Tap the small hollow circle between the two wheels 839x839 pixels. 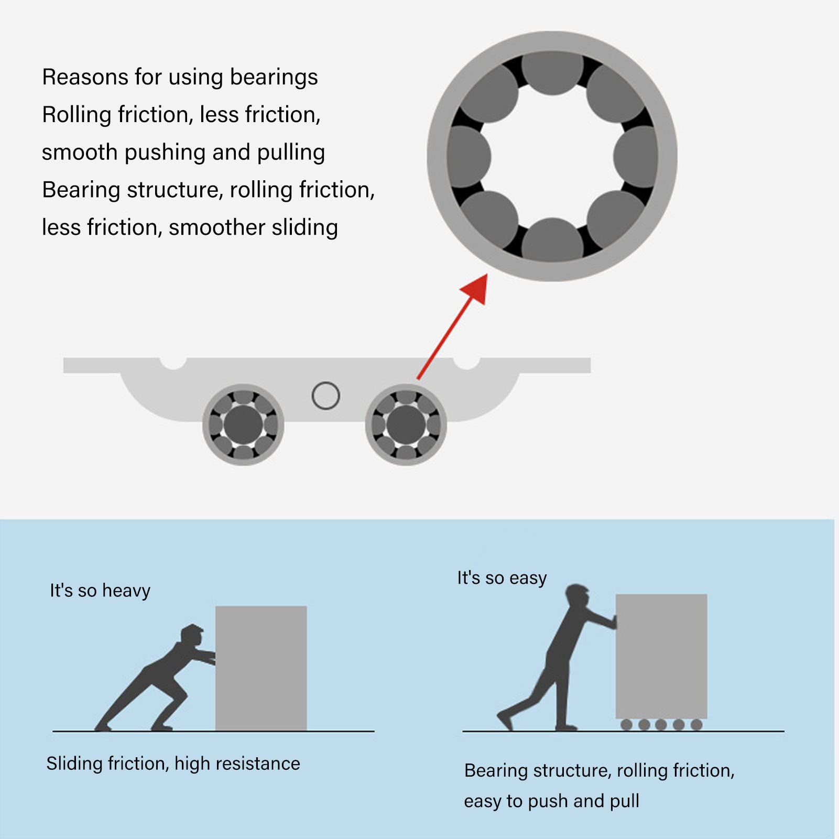tap(325, 396)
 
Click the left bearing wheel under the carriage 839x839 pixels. tap(243, 424)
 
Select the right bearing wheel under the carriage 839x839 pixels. tap(406, 424)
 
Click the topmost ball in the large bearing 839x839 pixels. tap(552, 72)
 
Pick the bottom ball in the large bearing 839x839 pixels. tap(552, 240)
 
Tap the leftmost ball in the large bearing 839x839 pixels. tap(468, 156)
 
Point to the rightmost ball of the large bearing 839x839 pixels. tap(636, 156)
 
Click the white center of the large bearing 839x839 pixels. tap(552, 156)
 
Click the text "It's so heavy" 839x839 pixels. tap(100, 591)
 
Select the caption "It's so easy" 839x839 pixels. tap(502, 578)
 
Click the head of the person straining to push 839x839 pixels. tap(191, 634)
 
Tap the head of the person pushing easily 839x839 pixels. tap(578, 595)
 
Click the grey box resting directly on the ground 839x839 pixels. tap(261, 668)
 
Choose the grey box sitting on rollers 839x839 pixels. tap(661, 656)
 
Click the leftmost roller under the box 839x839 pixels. tap(626, 725)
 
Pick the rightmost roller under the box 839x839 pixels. tap(696, 725)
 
